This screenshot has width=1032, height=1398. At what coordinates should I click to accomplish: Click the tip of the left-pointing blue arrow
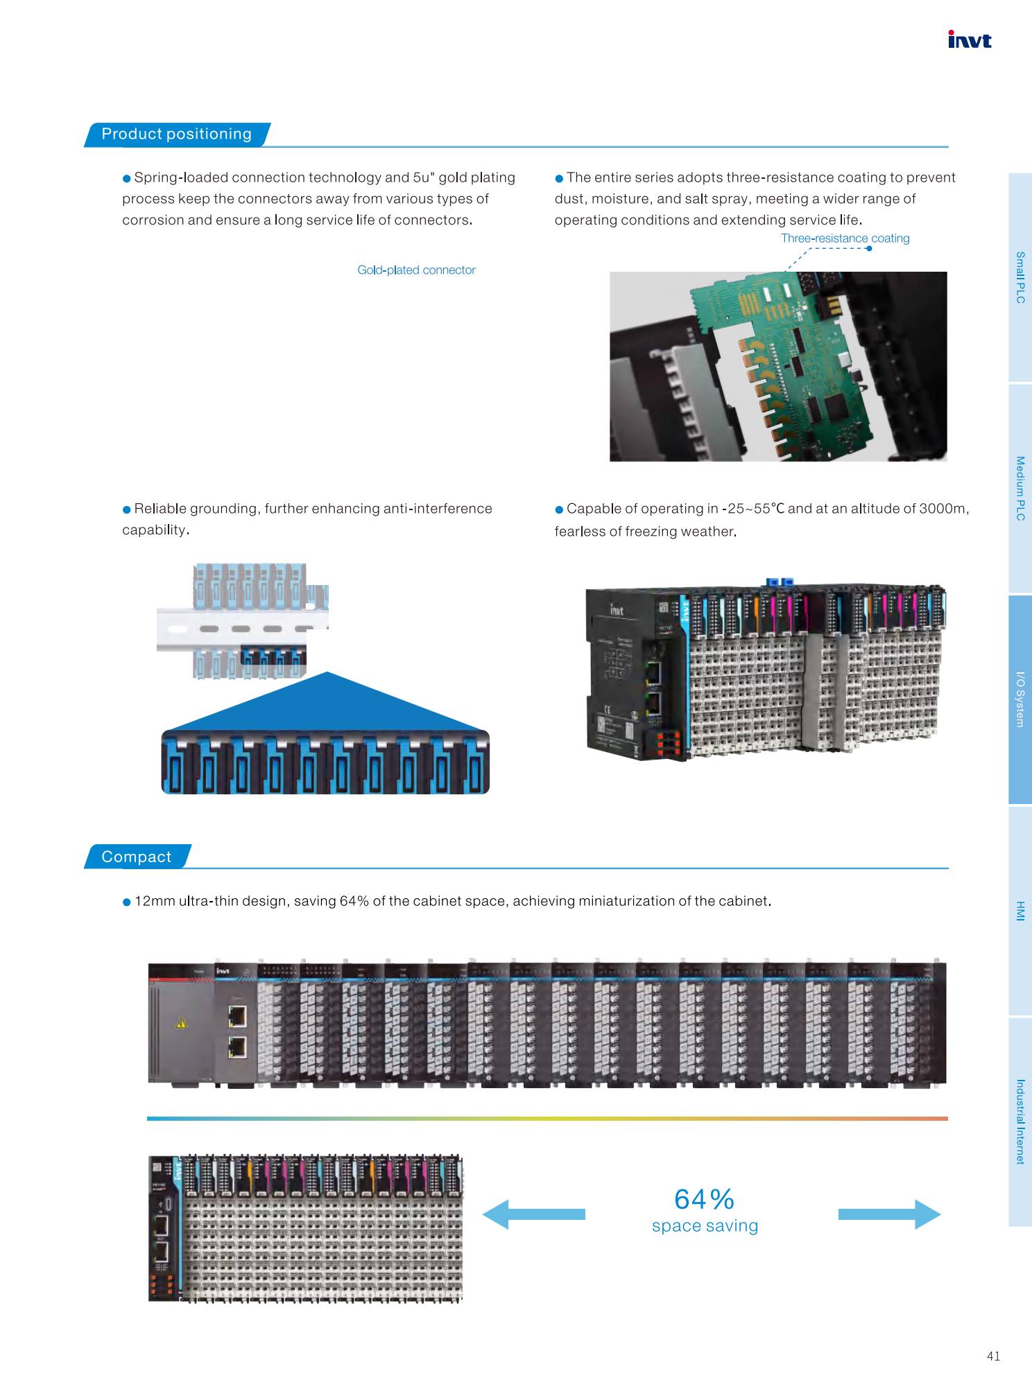(483, 1214)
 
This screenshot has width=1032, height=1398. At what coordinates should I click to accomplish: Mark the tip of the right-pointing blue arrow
(941, 1214)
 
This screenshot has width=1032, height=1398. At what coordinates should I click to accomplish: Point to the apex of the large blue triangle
(327, 672)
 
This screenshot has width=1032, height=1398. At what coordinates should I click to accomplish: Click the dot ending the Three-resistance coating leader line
(869, 250)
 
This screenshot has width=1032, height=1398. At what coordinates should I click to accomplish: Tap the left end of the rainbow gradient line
(147, 1118)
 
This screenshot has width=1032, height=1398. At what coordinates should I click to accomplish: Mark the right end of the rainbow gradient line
(948, 1118)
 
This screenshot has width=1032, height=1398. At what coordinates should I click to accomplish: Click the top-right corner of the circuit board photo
(947, 272)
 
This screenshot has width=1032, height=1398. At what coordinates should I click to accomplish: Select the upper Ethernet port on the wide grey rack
(237, 1017)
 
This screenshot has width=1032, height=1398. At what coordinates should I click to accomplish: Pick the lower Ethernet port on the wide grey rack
(237, 1047)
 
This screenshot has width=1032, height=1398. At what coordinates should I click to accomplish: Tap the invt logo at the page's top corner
(970, 40)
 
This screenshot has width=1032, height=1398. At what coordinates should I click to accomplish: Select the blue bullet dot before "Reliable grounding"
(127, 509)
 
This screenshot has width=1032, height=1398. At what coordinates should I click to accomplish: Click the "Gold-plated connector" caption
(416, 270)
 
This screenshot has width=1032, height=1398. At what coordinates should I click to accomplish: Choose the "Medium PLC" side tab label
(1020, 488)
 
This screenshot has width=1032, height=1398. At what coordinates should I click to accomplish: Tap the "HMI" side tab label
(1020, 911)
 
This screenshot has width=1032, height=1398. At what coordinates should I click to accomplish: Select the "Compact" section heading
(136, 857)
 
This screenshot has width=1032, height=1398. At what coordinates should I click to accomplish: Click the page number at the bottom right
(993, 1356)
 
